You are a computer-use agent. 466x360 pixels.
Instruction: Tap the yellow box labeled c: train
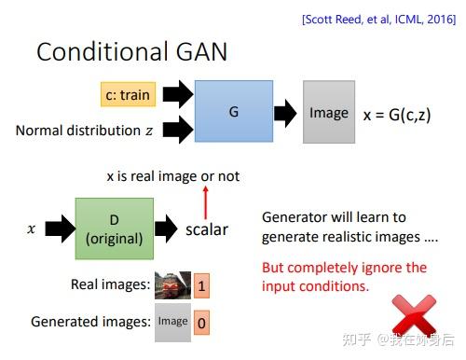coord(128,94)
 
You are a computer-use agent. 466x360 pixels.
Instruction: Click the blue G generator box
coord(233,111)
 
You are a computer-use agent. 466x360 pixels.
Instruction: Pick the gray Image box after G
coord(329,113)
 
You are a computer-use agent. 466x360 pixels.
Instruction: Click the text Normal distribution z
coord(85,131)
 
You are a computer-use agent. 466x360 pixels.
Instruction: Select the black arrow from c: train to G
coord(177,94)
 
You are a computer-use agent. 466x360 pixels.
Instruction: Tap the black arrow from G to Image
coord(284,113)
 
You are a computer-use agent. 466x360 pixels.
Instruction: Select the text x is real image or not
coord(173,177)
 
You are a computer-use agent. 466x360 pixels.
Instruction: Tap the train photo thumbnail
coord(172,284)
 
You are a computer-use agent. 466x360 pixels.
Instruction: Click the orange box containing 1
coord(203,284)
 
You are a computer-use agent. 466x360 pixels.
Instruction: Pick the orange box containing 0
coord(203,322)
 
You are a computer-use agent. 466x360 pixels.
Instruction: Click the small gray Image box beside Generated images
coord(172,322)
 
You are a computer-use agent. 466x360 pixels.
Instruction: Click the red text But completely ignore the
coord(344,268)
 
